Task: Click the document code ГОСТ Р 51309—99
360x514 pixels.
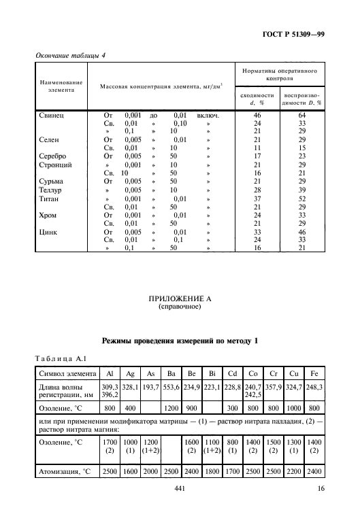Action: (x=293, y=33)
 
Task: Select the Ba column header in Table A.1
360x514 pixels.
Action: (x=172, y=374)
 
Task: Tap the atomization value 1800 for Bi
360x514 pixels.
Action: (x=211, y=470)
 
